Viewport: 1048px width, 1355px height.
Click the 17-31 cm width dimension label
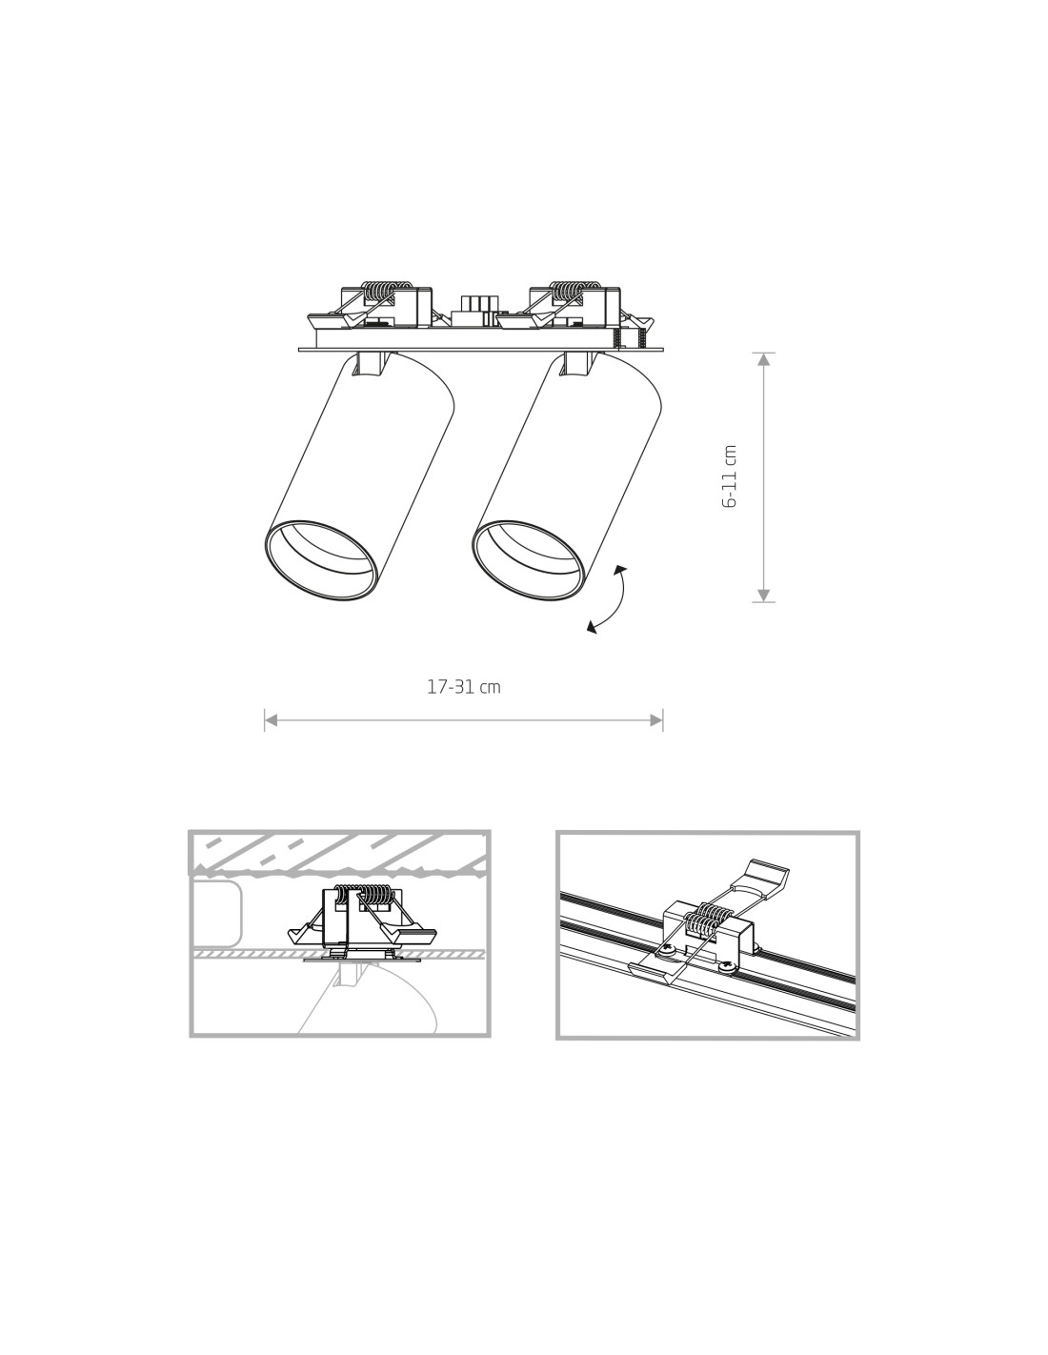[x=464, y=687]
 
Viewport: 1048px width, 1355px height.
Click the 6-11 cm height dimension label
[x=730, y=476]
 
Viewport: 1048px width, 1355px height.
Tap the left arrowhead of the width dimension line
[x=271, y=720]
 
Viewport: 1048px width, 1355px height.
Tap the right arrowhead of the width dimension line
[x=656, y=720]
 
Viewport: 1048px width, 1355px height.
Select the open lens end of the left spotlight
[x=320, y=560]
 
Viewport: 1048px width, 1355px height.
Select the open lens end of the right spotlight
[x=528, y=560]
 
